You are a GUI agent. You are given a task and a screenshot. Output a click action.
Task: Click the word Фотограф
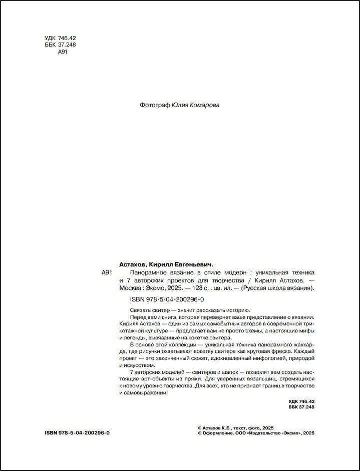click(154, 105)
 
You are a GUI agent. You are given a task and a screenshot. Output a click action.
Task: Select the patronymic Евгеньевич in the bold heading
click(190, 264)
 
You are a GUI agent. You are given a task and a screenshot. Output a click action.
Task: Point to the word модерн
click(234, 273)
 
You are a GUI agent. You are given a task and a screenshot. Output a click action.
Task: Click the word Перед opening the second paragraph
click(138, 317)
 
